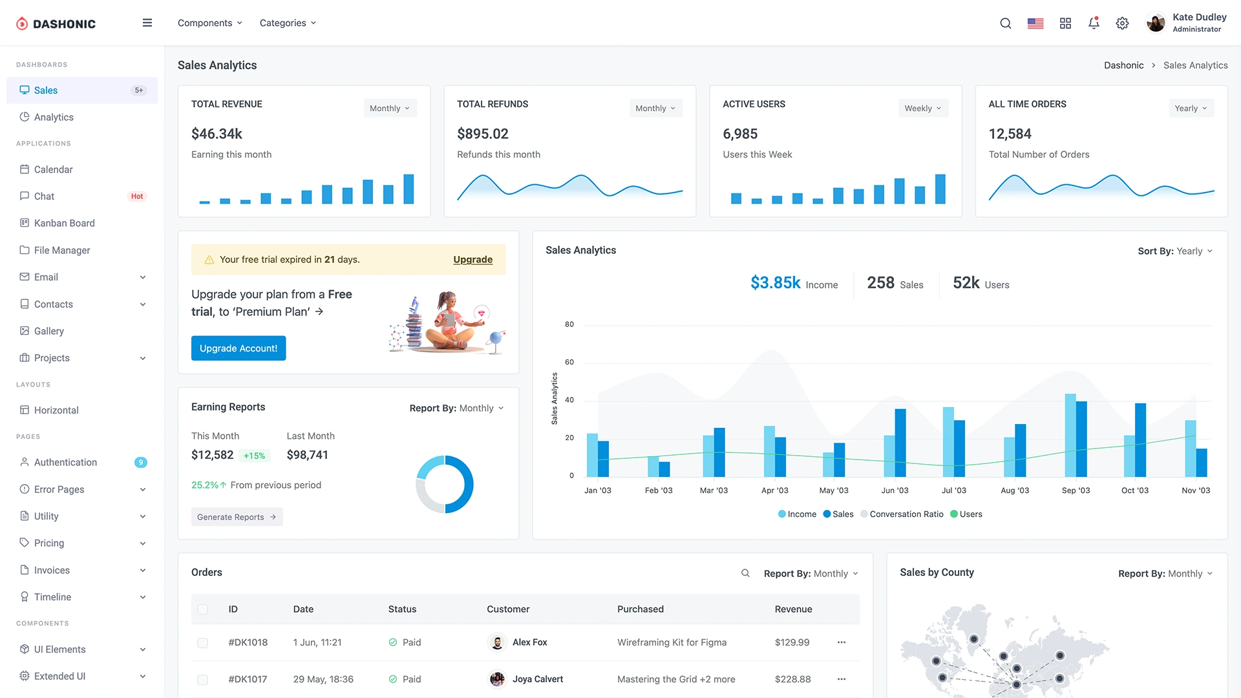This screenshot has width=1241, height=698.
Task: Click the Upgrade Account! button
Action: [238, 348]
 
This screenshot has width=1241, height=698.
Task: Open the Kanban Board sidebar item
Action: [64, 223]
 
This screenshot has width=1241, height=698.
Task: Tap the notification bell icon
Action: [1094, 23]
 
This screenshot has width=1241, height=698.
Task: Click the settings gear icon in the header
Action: [1122, 23]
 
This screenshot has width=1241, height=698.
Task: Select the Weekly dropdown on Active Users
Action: [923, 109]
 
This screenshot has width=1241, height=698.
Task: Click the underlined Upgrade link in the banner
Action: [472, 259]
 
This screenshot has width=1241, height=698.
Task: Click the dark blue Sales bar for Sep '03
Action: [1081, 439]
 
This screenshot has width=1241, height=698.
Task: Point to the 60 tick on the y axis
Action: [569, 362]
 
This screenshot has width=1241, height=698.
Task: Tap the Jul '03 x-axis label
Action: [953, 491]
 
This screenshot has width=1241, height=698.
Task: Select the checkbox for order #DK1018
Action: [202, 643]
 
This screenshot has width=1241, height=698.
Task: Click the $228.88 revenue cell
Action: [792, 679]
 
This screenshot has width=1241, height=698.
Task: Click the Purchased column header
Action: [640, 609]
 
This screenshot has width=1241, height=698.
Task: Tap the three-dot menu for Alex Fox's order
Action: [841, 642]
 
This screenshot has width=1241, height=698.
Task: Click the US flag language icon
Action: [1035, 23]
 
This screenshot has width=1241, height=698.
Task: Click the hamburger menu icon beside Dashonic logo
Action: [147, 23]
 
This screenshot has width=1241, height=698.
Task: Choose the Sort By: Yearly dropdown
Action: [1174, 251]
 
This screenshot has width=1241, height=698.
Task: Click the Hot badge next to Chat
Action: [137, 196]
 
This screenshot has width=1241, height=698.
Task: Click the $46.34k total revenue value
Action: [217, 134]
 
